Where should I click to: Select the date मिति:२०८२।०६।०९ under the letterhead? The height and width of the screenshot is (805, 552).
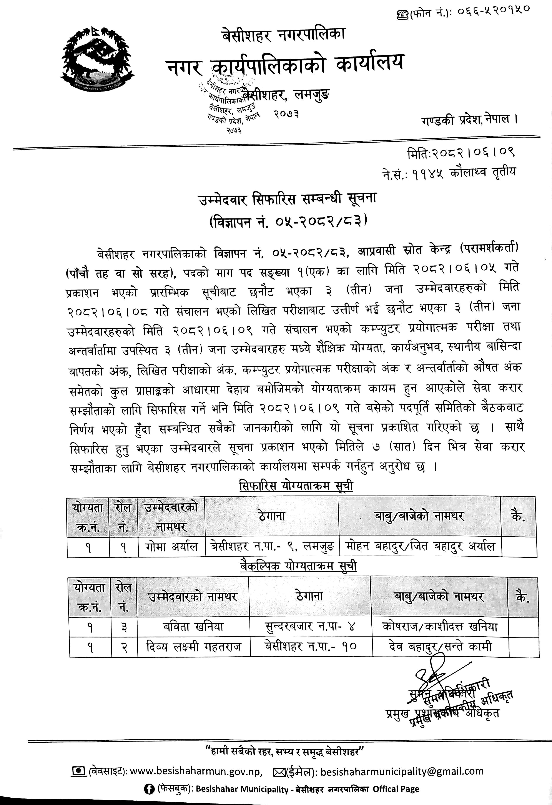point(461,153)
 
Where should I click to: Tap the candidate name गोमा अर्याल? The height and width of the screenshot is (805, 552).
point(171,547)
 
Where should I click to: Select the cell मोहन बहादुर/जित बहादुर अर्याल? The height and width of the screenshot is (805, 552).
point(419,547)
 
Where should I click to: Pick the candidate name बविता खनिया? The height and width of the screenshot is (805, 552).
point(193,626)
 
